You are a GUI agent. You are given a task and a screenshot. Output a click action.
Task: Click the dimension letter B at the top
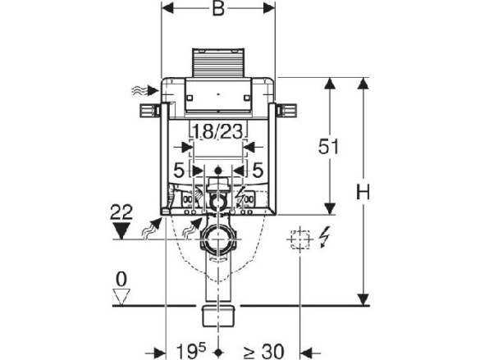click(218, 8)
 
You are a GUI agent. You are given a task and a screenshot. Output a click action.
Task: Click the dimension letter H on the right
click(363, 192)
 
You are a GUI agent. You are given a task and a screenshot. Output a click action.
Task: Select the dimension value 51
click(328, 147)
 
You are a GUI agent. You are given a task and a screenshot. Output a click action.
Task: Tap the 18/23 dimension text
click(218, 131)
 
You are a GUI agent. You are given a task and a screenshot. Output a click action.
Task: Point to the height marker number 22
click(121, 212)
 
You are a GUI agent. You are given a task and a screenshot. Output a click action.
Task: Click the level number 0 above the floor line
click(121, 280)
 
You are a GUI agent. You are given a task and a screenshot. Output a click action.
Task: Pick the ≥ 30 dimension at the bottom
click(264, 352)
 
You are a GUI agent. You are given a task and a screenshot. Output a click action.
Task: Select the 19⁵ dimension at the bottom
click(191, 352)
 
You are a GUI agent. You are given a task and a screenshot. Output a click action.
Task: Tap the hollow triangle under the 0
click(121, 297)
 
